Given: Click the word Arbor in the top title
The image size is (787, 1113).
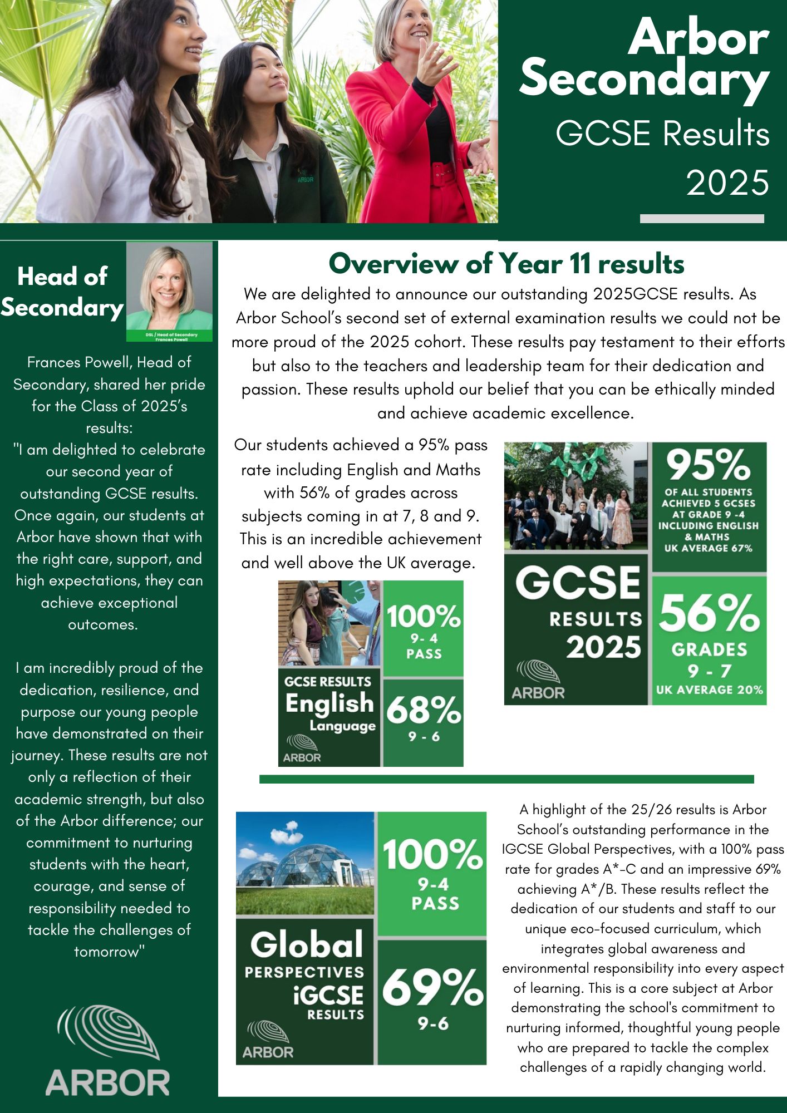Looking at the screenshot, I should click(699, 38).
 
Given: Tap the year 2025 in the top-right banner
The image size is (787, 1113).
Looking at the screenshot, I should click(727, 183).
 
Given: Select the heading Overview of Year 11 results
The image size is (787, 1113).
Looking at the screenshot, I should click(506, 264).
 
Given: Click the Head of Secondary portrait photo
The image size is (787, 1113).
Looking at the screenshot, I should click(169, 291).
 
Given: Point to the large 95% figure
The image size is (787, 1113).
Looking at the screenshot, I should click(709, 465).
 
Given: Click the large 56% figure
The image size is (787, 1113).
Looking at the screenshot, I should click(709, 614).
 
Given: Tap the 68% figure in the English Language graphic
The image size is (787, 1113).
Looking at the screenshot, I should click(424, 711).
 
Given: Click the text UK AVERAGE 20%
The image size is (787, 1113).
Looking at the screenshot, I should click(709, 690).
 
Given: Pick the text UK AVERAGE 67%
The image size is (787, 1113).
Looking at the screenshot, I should click(708, 548).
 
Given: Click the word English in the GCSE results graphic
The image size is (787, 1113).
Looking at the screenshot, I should click(329, 703).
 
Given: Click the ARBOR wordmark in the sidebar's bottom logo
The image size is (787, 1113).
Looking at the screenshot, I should click(107, 1083).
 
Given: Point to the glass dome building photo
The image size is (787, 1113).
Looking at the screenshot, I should click(305, 863).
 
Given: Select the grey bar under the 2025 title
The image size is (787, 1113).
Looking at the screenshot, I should click(701, 219).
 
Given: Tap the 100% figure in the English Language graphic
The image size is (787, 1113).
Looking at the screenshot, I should click(424, 617).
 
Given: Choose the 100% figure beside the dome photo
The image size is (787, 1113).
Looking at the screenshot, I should click(432, 855).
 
